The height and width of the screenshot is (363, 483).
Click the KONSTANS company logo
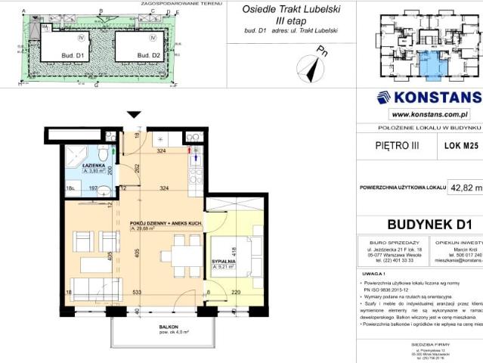point(428,97)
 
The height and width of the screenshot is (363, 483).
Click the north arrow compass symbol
point(311,67)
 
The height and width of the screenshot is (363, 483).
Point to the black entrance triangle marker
point(134,115)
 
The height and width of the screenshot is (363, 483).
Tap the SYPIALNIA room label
point(223,261)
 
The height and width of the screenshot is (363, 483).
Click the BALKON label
point(158,326)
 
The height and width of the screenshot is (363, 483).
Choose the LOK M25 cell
point(460,144)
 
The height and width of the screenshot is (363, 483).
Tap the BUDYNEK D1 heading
point(429,223)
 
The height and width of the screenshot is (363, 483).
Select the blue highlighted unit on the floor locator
point(432,65)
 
